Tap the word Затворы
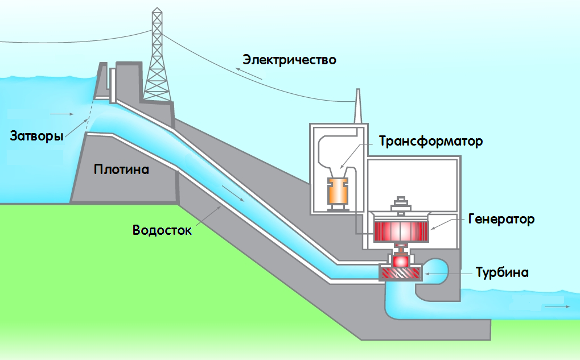(36, 136)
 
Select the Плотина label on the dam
(121, 169)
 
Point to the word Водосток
(162, 230)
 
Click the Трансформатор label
(431, 141)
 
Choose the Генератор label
(501, 219)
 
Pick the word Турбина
(502, 272)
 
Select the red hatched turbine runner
(401, 274)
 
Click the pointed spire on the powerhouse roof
(359, 105)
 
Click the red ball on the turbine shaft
(401, 260)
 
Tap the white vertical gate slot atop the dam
(113, 85)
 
